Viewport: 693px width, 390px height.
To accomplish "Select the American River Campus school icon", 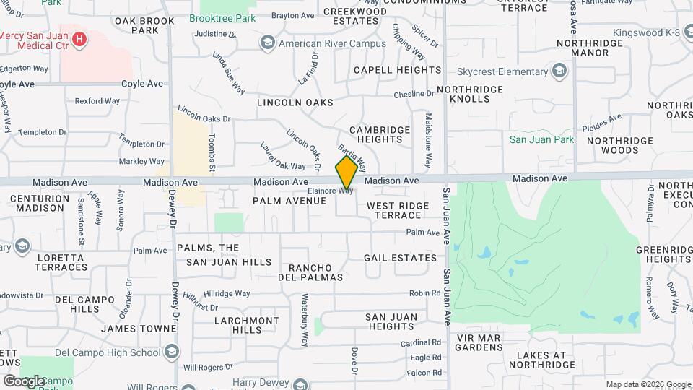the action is click(x=268, y=43).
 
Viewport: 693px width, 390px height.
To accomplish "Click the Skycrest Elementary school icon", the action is click(x=558, y=71).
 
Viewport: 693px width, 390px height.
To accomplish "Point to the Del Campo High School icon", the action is click(x=172, y=352).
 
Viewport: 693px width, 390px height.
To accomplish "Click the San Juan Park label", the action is click(x=541, y=139).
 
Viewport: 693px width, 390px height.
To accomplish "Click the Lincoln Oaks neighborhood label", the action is click(x=295, y=103).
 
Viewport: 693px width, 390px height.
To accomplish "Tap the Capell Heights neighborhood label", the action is click(x=397, y=70).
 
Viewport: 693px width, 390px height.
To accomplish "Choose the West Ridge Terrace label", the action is click(x=398, y=210).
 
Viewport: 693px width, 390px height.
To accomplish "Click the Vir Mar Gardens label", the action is click(x=479, y=342).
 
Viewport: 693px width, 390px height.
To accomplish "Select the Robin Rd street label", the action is click(x=424, y=293).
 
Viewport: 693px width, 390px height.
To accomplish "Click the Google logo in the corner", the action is click(x=24, y=381).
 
